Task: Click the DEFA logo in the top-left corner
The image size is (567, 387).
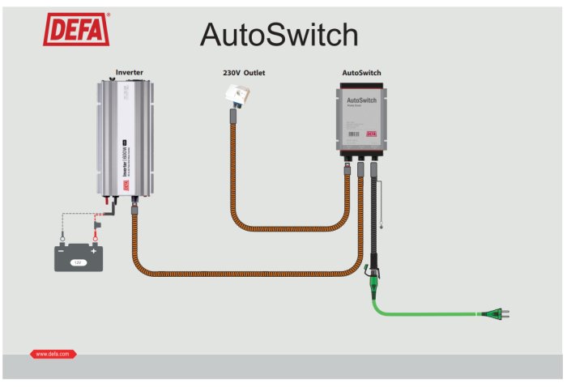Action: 76,30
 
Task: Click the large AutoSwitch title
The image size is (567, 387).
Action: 279,35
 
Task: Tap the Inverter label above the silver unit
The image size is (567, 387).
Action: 130,72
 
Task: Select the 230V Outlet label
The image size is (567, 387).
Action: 244,73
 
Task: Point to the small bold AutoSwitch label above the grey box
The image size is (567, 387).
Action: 361,73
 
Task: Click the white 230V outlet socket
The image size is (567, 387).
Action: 237,98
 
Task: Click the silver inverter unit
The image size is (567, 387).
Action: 125,138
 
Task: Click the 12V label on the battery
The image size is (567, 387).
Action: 78,262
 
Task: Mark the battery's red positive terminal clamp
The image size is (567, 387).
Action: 95,237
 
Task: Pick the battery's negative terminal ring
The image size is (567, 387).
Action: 62,238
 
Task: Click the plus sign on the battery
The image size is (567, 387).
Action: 95,251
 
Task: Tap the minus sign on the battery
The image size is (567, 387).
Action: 62,251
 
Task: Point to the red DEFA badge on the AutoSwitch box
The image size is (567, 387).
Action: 373,134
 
